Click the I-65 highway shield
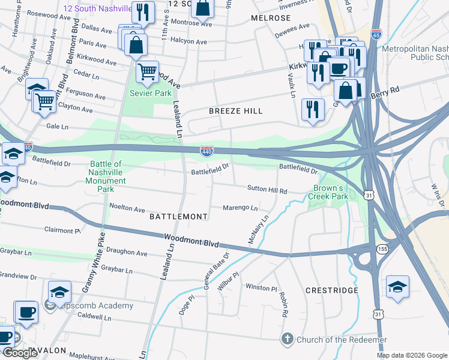(x=376, y=34)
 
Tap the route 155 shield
(x=382, y=248)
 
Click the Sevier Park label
(x=151, y=93)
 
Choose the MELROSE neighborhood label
(x=270, y=18)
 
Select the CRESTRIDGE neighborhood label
(x=332, y=290)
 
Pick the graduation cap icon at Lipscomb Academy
(x=60, y=292)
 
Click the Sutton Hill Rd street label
(x=268, y=190)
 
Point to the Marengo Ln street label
(x=241, y=208)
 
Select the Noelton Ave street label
(x=127, y=209)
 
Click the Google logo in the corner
(x=20, y=353)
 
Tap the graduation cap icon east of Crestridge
(x=398, y=286)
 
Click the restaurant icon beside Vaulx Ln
(x=312, y=109)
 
